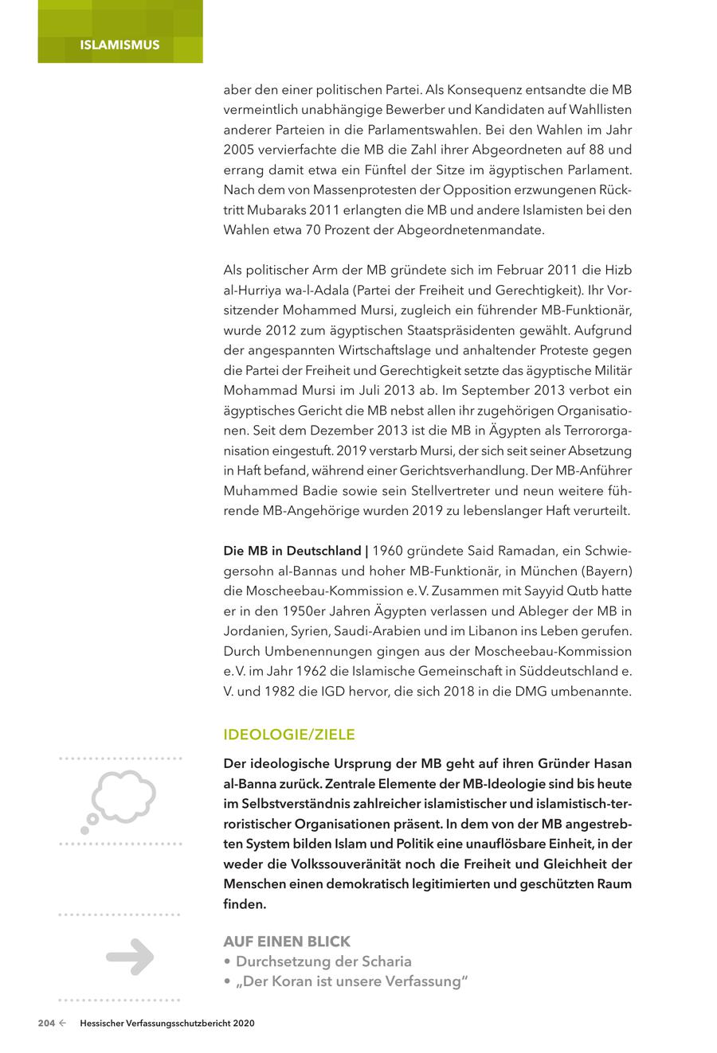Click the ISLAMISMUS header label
(x=119, y=45)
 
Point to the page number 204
(x=46, y=1024)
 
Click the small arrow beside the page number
(x=62, y=1024)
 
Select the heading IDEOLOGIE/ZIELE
(x=289, y=735)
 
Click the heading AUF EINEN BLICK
(x=287, y=942)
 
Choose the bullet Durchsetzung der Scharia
(x=323, y=961)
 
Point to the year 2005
(x=241, y=150)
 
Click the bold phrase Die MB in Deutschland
(x=292, y=551)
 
